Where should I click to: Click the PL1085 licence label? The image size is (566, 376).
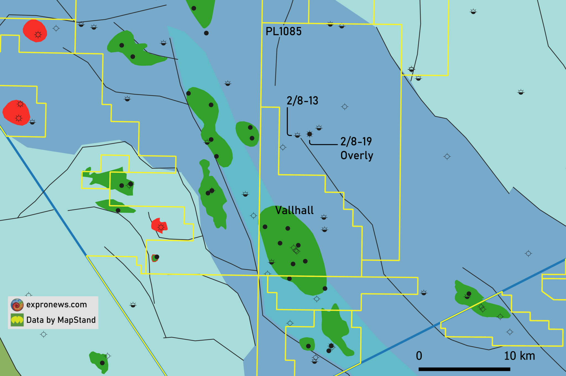point(283,31)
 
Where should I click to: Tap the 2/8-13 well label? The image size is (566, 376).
point(302,101)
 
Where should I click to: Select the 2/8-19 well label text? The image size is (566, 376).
point(356,142)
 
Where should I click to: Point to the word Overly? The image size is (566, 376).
point(357,156)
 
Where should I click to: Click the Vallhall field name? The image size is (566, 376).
point(294,210)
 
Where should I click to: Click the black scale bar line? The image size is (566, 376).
point(464,369)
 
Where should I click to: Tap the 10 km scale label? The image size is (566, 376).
point(519,356)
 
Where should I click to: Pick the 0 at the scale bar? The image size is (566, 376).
point(419,356)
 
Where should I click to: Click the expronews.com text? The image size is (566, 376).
point(57,305)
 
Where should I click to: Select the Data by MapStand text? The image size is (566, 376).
point(61,320)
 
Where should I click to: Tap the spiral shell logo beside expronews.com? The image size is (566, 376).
point(17,305)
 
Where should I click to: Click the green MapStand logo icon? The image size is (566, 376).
point(17,320)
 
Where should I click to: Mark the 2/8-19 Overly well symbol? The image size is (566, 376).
point(310,134)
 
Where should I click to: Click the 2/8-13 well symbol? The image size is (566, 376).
point(297,135)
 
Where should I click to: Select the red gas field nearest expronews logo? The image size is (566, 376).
point(159,225)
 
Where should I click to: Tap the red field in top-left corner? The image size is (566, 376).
point(35,30)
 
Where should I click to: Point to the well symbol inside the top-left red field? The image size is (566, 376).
point(38,35)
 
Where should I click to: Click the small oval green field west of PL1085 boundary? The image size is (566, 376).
point(247,134)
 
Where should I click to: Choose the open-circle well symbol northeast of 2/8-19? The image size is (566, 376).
point(345,107)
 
